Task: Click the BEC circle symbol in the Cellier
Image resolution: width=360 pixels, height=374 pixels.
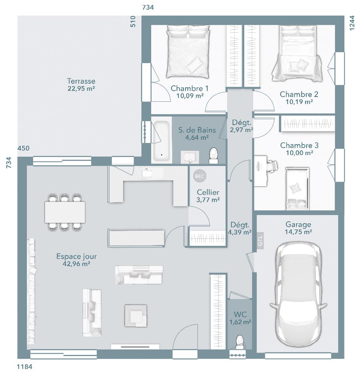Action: (x=199, y=176)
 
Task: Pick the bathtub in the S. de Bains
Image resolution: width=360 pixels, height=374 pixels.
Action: (x=161, y=141)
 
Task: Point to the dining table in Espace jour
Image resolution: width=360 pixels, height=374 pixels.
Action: (x=65, y=212)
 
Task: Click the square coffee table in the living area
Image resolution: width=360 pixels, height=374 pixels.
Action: (x=136, y=316)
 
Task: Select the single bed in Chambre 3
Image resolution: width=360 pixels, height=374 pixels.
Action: (x=297, y=189)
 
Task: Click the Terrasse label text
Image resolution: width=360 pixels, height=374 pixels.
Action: (x=81, y=81)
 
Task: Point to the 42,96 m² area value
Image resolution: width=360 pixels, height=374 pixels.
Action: (x=76, y=264)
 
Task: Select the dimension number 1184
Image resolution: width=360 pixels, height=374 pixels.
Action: (x=25, y=367)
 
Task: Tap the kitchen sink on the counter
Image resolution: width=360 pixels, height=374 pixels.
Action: (x=147, y=173)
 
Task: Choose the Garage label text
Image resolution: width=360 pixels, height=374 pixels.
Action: (x=298, y=224)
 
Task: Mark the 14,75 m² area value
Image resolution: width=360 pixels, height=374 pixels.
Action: (x=298, y=232)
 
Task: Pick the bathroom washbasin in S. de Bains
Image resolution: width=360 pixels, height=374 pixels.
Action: (x=190, y=157)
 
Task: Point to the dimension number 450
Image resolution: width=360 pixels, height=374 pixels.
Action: (x=23, y=148)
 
